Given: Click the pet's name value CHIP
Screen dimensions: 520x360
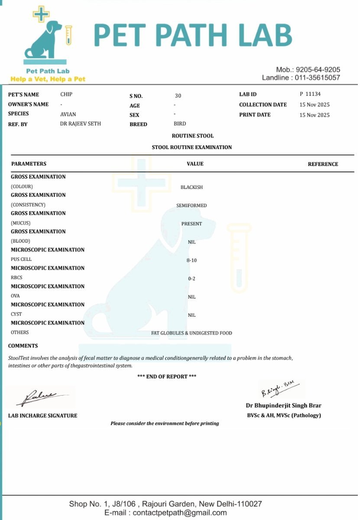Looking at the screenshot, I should click(x=66, y=94).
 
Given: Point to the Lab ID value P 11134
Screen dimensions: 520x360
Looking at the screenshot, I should click(x=310, y=94).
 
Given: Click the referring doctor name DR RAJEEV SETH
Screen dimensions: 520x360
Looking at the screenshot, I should click(x=81, y=123).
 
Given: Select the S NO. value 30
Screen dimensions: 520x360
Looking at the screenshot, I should click(x=178, y=96).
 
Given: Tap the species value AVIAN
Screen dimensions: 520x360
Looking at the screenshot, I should click(x=68, y=114).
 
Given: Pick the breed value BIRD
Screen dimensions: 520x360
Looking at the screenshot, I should click(x=180, y=124).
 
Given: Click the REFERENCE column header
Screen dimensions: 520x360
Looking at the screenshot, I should click(x=323, y=164).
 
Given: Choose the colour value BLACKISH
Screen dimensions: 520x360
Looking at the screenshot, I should click(x=191, y=187).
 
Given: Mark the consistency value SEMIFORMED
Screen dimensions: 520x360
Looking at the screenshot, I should click(x=191, y=205).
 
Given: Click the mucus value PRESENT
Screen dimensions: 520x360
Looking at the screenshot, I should click(x=191, y=224).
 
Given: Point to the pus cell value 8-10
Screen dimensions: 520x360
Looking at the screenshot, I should click(x=191, y=260).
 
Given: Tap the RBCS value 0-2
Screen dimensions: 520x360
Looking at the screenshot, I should click(x=191, y=279).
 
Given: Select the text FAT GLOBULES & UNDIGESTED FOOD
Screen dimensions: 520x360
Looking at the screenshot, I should click(x=191, y=333).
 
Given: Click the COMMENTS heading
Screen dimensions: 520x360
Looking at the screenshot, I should click(x=23, y=346).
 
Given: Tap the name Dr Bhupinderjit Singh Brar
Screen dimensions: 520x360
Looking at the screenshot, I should click(x=283, y=406).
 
